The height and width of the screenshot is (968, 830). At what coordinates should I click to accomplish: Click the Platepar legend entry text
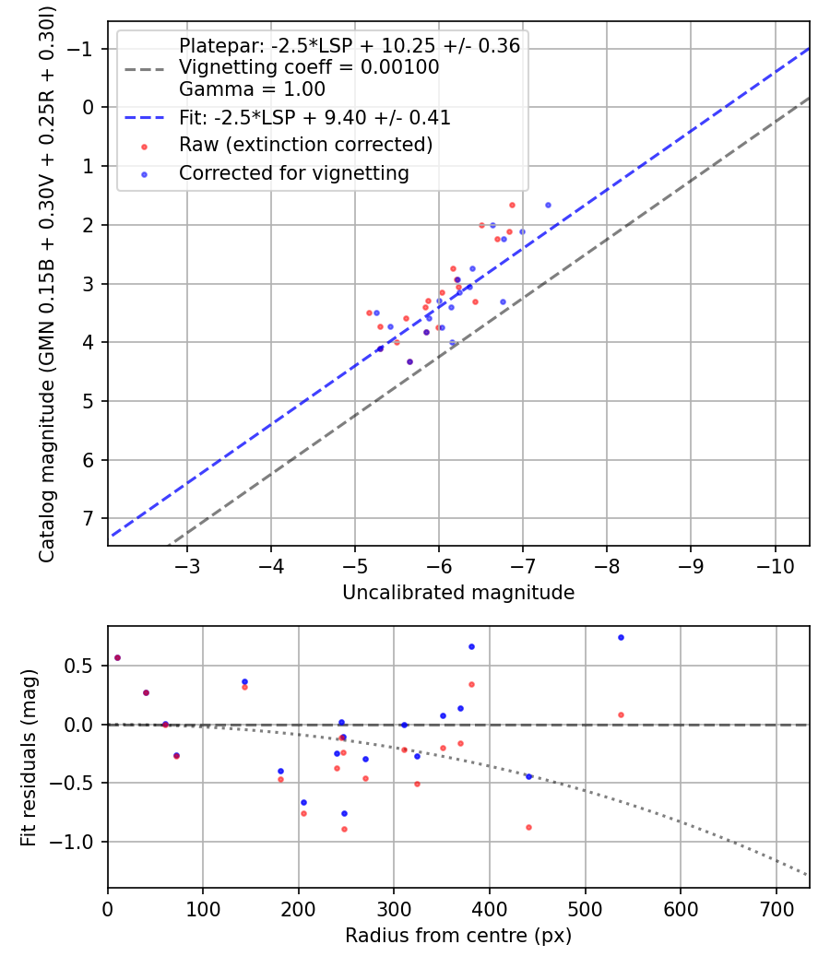click(x=350, y=46)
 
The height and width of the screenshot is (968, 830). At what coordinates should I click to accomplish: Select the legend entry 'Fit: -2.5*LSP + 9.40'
click(x=315, y=117)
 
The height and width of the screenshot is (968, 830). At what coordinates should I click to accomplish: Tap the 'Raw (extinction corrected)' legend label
click(x=305, y=145)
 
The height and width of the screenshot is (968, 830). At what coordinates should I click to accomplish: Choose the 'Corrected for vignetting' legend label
click(x=294, y=173)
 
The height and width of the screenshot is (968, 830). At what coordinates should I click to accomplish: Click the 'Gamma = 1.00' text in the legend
click(x=252, y=89)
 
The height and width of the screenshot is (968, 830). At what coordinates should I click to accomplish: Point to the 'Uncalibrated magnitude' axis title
click(x=458, y=593)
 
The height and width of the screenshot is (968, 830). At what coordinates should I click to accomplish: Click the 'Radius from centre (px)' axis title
click(x=458, y=936)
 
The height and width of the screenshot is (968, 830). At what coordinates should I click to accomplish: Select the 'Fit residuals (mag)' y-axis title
click(x=29, y=758)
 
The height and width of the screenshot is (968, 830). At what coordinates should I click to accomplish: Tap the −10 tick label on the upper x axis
click(x=775, y=566)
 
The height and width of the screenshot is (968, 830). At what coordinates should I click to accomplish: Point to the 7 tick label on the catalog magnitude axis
click(x=88, y=518)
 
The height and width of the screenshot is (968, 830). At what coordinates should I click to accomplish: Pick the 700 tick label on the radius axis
click(x=776, y=909)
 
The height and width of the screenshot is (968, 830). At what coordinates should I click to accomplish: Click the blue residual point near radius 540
click(x=621, y=638)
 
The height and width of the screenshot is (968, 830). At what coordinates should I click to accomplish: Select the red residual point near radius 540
click(x=621, y=714)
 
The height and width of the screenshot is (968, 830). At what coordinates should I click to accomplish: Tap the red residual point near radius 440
click(x=528, y=827)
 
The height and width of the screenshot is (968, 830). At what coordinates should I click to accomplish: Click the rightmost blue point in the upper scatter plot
click(x=548, y=205)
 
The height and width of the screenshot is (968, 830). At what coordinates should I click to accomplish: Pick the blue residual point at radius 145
click(x=244, y=681)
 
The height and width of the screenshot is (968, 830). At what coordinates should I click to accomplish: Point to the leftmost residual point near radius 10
click(x=117, y=658)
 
